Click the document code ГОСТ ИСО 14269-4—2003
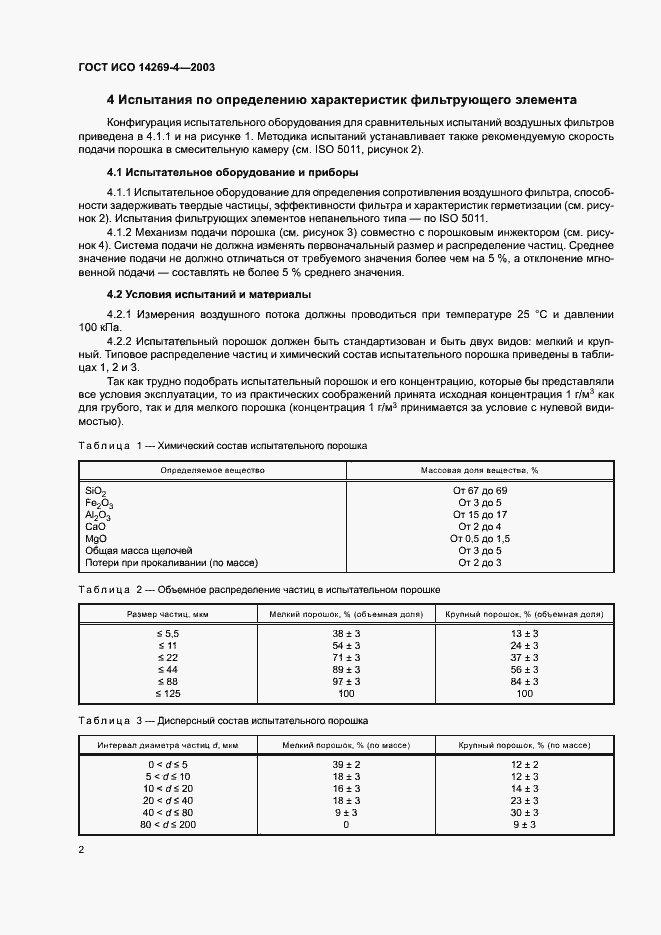[146, 67]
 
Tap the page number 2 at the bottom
[81, 850]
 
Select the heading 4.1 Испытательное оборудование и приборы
[232, 173]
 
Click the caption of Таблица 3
[222, 720]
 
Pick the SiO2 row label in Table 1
[96, 491]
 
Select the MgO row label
[97, 538]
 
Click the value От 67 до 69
[479, 491]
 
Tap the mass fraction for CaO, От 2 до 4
[479, 526]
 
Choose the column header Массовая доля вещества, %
[479, 469]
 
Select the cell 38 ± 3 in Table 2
[345, 635]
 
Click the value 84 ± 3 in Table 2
[523, 681]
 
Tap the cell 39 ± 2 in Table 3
[345, 765]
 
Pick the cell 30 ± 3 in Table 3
[524, 812]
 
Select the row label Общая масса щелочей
[139, 550]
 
